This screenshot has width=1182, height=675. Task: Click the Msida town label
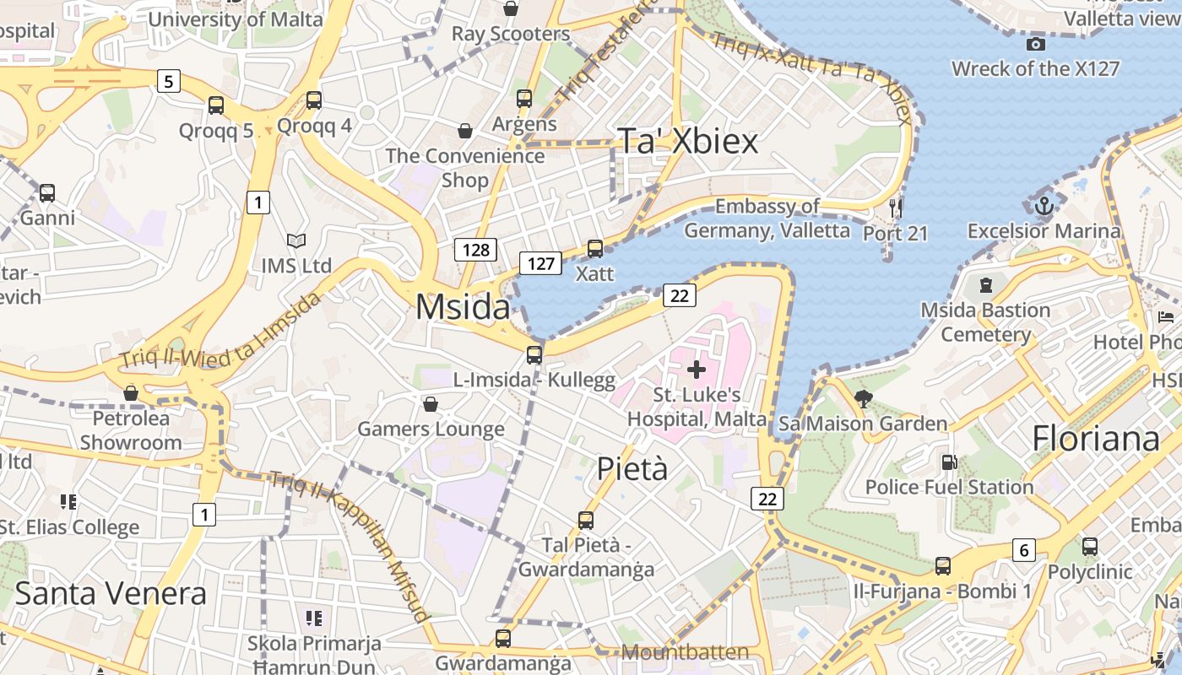click(x=463, y=307)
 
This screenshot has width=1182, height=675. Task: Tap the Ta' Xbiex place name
click(x=689, y=142)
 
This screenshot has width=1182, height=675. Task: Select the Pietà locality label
click(x=632, y=469)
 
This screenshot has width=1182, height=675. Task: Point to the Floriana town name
click(x=1096, y=439)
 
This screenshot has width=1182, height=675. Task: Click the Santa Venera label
click(x=111, y=593)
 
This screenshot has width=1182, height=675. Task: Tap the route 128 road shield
click(x=475, y=250)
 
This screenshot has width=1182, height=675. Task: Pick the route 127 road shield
click(x=540, y=263)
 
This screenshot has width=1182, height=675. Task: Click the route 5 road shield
click(x=169, y=81)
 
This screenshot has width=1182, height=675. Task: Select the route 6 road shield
click(x=1023, y=551)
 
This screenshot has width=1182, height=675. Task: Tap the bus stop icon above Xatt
click(x=595, y=249)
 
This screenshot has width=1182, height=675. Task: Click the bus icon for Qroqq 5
click(x=216, y=105)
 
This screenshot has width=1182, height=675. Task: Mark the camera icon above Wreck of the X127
click(x=1035, y=44)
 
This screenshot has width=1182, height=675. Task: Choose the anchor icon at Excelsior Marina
click(x=1044, y=205)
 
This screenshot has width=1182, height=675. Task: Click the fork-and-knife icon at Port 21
click(x=896, y=207)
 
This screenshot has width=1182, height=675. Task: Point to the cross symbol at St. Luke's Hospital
click(x=697, y=369)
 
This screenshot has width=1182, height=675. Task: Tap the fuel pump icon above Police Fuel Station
click(x=949, y=462)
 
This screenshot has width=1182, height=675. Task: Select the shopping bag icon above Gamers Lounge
click(x=431, y=404)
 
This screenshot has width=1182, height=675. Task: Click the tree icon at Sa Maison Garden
click(x=863, y=398)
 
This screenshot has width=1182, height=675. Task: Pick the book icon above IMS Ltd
click(x=295, y=241)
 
